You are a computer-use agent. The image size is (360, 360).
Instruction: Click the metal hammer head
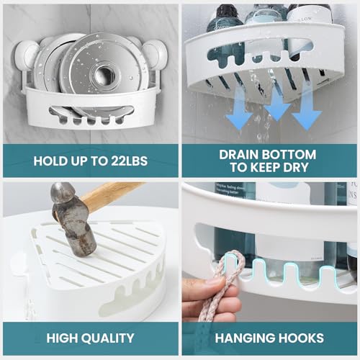point(72,216)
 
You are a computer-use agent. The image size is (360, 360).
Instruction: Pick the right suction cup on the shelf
point(152,54)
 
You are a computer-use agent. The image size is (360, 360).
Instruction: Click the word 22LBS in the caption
point(129,161)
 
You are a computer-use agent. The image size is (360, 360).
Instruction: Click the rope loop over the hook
point(230,261)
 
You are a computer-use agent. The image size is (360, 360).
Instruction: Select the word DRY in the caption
point(296,167)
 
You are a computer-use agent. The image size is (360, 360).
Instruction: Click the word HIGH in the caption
point(62,338)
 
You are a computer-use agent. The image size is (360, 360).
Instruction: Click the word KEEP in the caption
point(265,167)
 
